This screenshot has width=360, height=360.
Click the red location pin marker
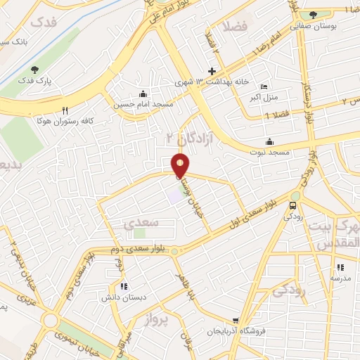tap(181, 165)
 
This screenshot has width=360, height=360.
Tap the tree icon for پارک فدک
tap(34, 69)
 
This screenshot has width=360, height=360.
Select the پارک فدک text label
tap(36, 81)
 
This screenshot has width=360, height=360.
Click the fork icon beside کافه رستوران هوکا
tap(65, 110)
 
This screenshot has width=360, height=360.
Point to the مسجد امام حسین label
tap(143, 105)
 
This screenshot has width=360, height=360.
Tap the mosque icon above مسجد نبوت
tap(269, 141)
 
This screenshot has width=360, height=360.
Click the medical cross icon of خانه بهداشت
tap(212, 70)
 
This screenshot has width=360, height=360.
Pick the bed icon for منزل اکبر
tap(264, 86)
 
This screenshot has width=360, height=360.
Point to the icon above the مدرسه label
tap(341, 267)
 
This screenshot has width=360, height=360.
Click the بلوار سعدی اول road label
tap(264, 214)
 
